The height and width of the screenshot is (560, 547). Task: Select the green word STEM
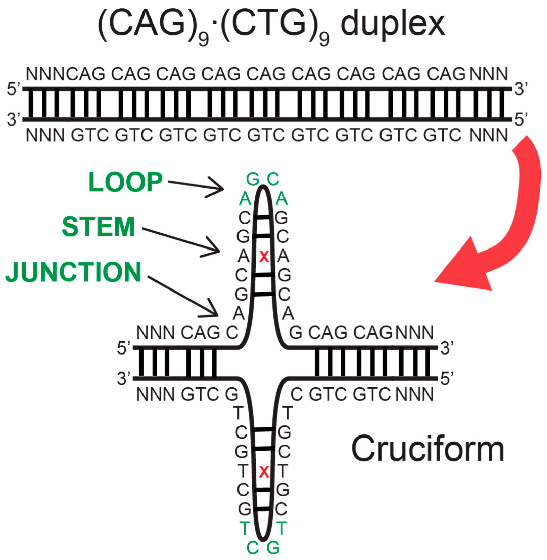pos(99,227)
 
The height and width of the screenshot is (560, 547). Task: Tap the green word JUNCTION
pos(73,272)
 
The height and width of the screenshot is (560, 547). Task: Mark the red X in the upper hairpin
pos(264,257)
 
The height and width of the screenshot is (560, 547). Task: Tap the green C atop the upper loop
pos(273,179)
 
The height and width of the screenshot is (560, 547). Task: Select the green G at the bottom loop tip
pos(273,548)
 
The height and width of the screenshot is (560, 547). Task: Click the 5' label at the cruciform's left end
pos(124,348)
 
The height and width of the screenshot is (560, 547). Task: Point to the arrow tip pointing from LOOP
pos(223,189)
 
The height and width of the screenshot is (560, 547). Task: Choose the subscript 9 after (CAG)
pos(203,39)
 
